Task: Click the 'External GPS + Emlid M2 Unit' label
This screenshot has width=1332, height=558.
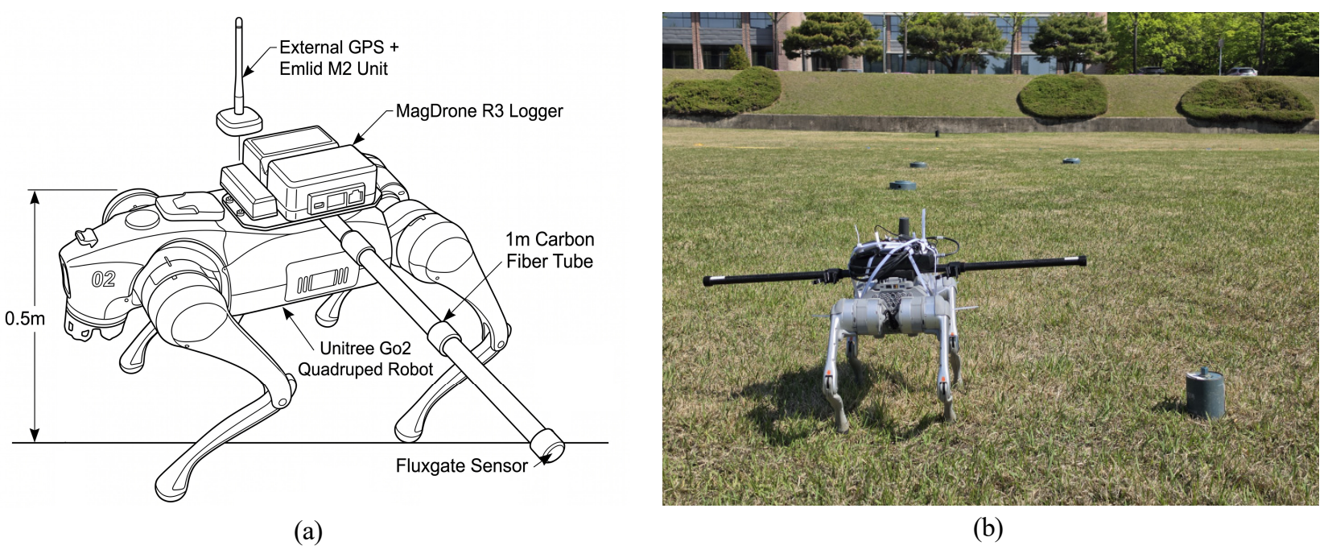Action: pos(339,58)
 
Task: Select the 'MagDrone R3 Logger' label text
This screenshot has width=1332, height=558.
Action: pos(480,111)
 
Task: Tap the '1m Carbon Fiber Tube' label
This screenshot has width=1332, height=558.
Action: pos(550,250)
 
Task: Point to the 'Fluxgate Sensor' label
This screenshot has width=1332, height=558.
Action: pos(461,465)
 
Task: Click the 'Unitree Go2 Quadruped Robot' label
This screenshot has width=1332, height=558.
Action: pos(365,359)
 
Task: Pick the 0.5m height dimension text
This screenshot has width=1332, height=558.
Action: pos(25,319)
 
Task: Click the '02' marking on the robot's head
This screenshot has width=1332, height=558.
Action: pos(104,279)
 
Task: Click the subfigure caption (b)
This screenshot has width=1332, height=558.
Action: pos(988,527)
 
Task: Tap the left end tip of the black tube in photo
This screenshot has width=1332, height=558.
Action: pos(707,281)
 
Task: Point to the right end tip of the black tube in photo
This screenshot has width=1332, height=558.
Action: pos(1083,261)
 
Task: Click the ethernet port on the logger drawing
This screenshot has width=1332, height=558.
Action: pos(356,196)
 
